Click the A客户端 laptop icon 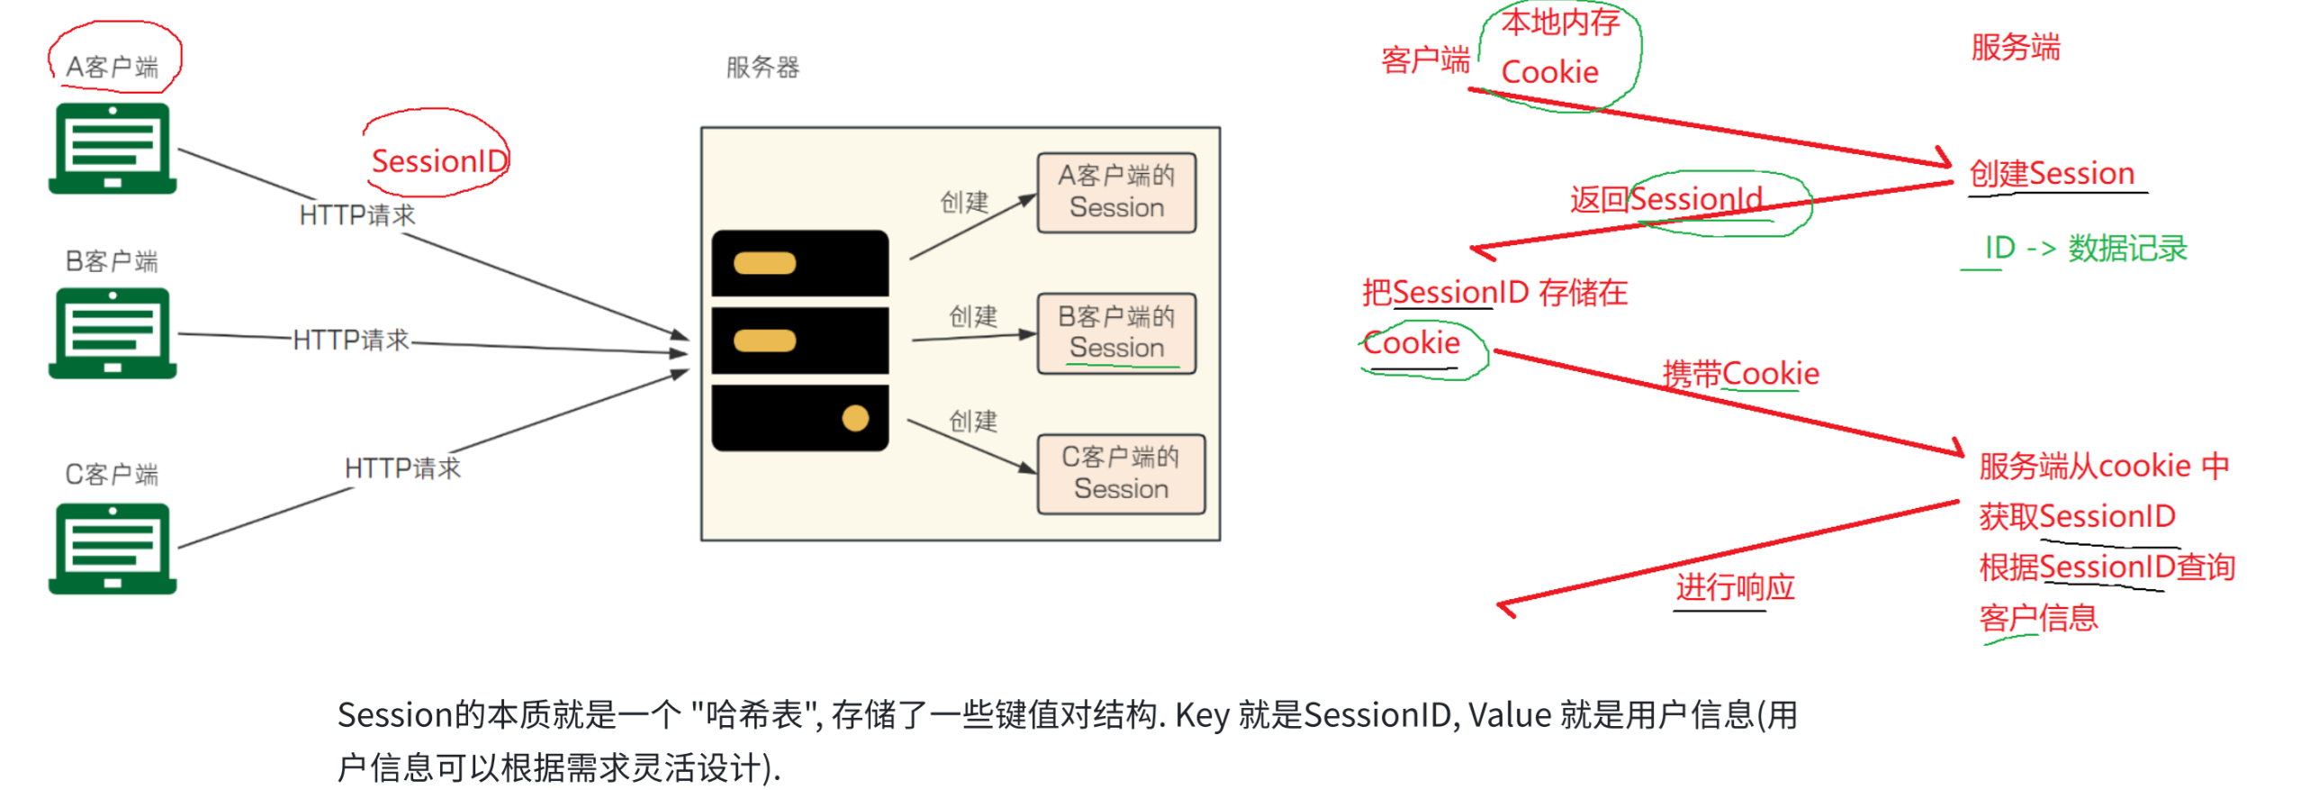click(113, 149)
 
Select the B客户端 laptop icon click(113, 333)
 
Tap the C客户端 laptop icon click(113, 549)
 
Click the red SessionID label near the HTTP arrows click(439, 161)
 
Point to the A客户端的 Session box click(1116, 193)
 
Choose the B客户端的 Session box click(1116, 333)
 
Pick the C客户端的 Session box click(1121, 474)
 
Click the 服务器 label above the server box click(762, 68)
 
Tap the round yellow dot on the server click(854, 418)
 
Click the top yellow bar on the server click(764, 263)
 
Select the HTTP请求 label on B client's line click(351, 340)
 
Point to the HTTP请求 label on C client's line click(402, 468)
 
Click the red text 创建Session click(2052, 173)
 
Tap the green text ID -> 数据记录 click(2085, 248)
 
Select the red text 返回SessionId click(1666, 199)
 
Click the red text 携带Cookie click(1740, 373)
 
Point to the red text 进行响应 click(1735, 587)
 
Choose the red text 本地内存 click(1560, 23)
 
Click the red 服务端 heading click(2015, 47)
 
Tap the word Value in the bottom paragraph click(1510, 715)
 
